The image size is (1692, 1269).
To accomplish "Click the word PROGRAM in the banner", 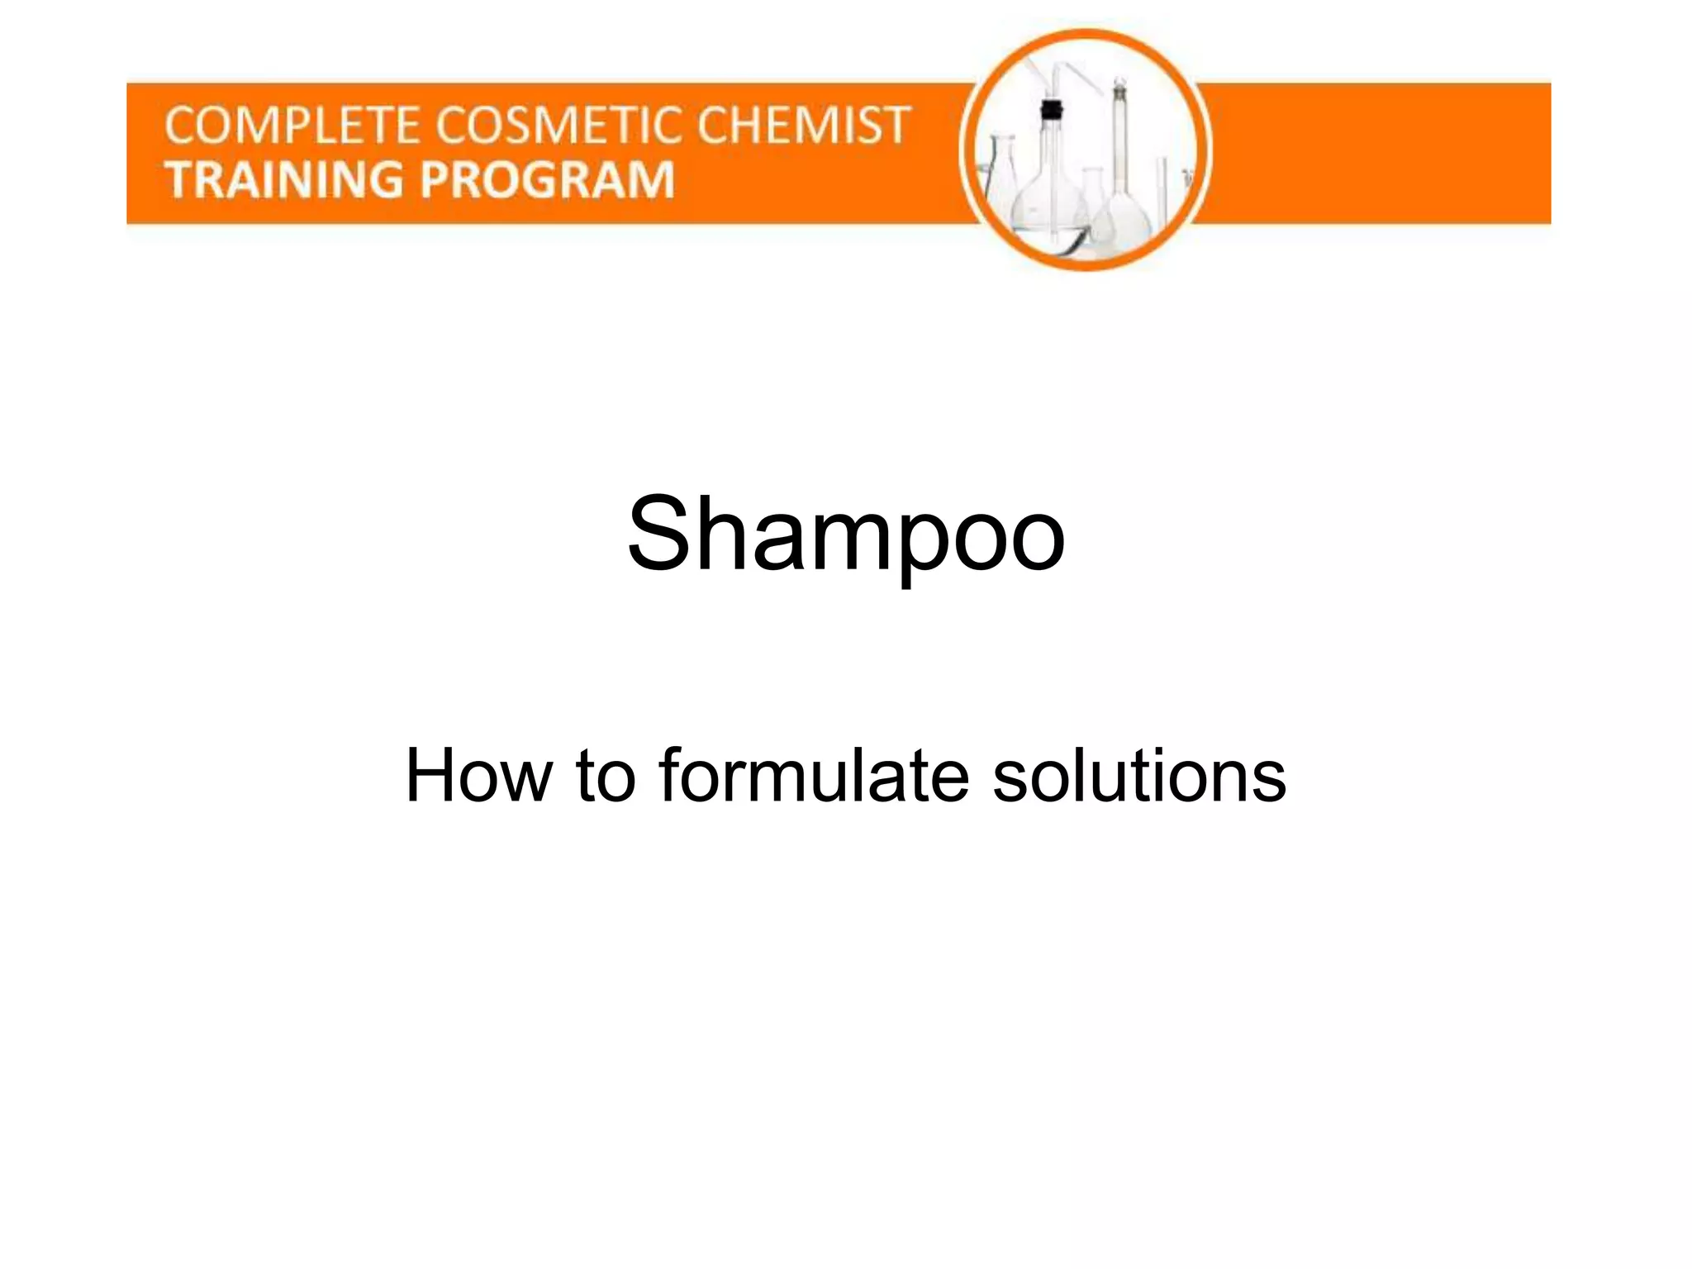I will (549, 180).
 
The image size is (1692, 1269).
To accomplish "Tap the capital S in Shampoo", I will (662, 533).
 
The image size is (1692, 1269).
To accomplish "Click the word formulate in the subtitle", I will (814, 776).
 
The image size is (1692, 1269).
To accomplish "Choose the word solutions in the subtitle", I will (1139, 776).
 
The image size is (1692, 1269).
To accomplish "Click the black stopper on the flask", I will (1051, 108).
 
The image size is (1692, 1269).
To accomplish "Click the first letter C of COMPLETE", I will (179, 126).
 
